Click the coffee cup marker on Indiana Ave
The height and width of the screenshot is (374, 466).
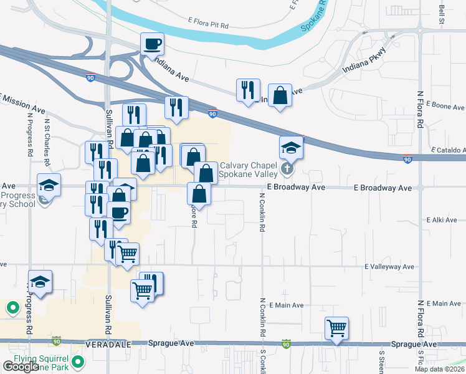[x=153, y=44]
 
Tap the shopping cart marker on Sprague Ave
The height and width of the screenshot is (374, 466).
[x=336, y=328]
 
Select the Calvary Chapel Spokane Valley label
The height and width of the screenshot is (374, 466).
[x=247, y=169]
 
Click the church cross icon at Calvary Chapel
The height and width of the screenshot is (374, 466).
[x=287, y=168]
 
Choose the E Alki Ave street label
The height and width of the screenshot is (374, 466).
[x=442, y=220]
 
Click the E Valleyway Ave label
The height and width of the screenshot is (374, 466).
[x=389, y=267]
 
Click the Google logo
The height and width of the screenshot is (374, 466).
[x=20, y=367]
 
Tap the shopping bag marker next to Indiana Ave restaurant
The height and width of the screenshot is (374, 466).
[x=280, y=96]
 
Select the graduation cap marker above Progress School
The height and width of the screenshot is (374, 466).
[x=49, y=185]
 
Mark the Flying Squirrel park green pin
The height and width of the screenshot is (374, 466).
[x=78, y=362]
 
